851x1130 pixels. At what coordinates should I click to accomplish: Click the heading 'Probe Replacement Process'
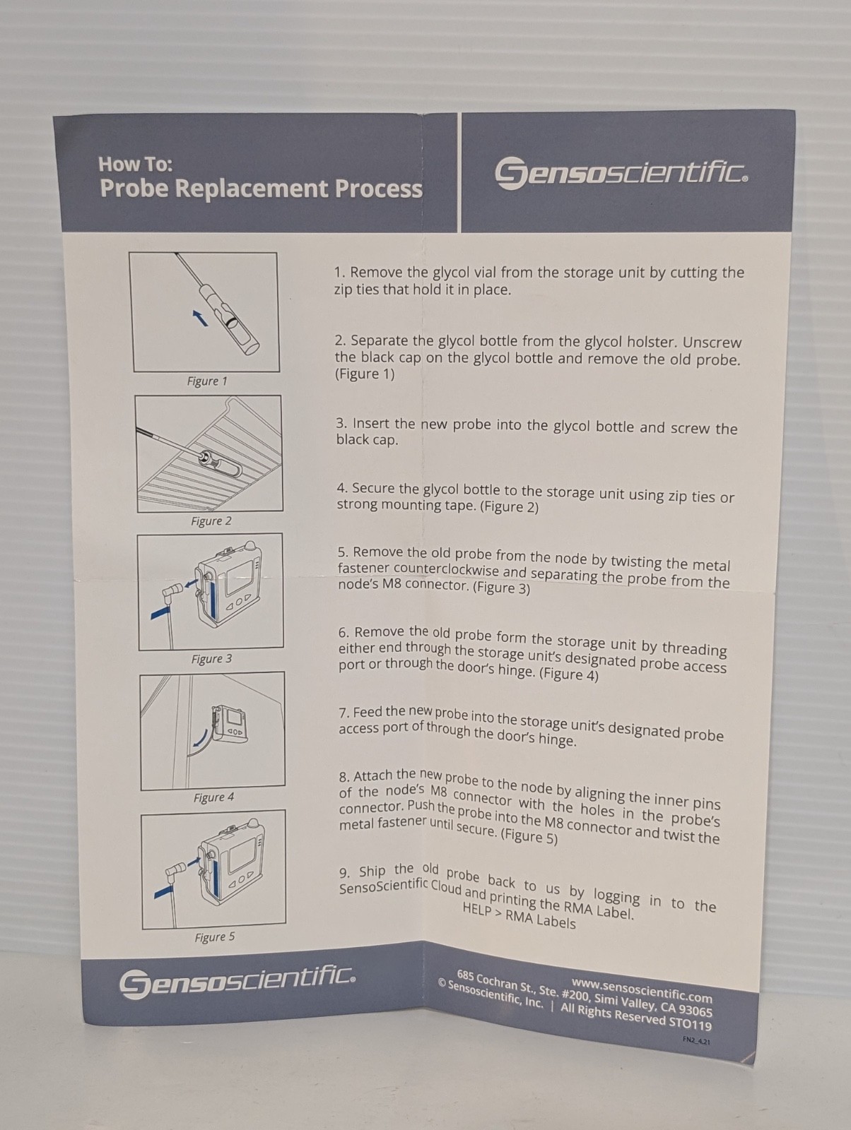tap(261, 189)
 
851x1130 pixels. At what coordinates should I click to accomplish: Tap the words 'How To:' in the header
tap(135, 165)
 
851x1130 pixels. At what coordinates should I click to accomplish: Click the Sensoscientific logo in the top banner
tap(622, 174)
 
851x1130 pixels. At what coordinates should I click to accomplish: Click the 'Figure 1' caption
tap(207, 381)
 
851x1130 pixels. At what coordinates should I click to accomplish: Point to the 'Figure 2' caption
tap(211, 521)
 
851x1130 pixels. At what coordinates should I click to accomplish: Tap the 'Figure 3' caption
tap(212, 659)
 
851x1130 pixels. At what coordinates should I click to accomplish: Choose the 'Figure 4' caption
tap(213, 797)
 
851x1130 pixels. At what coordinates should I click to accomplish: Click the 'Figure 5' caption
tap(215, 937)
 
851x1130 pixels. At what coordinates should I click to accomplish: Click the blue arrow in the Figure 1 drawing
tap(200, 318)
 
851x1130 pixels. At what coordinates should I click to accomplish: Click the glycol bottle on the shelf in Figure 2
tap(221, 462)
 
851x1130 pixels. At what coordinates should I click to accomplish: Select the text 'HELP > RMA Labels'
tap(519, 916)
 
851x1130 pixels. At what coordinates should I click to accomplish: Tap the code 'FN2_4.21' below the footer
tap(696, 1040)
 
